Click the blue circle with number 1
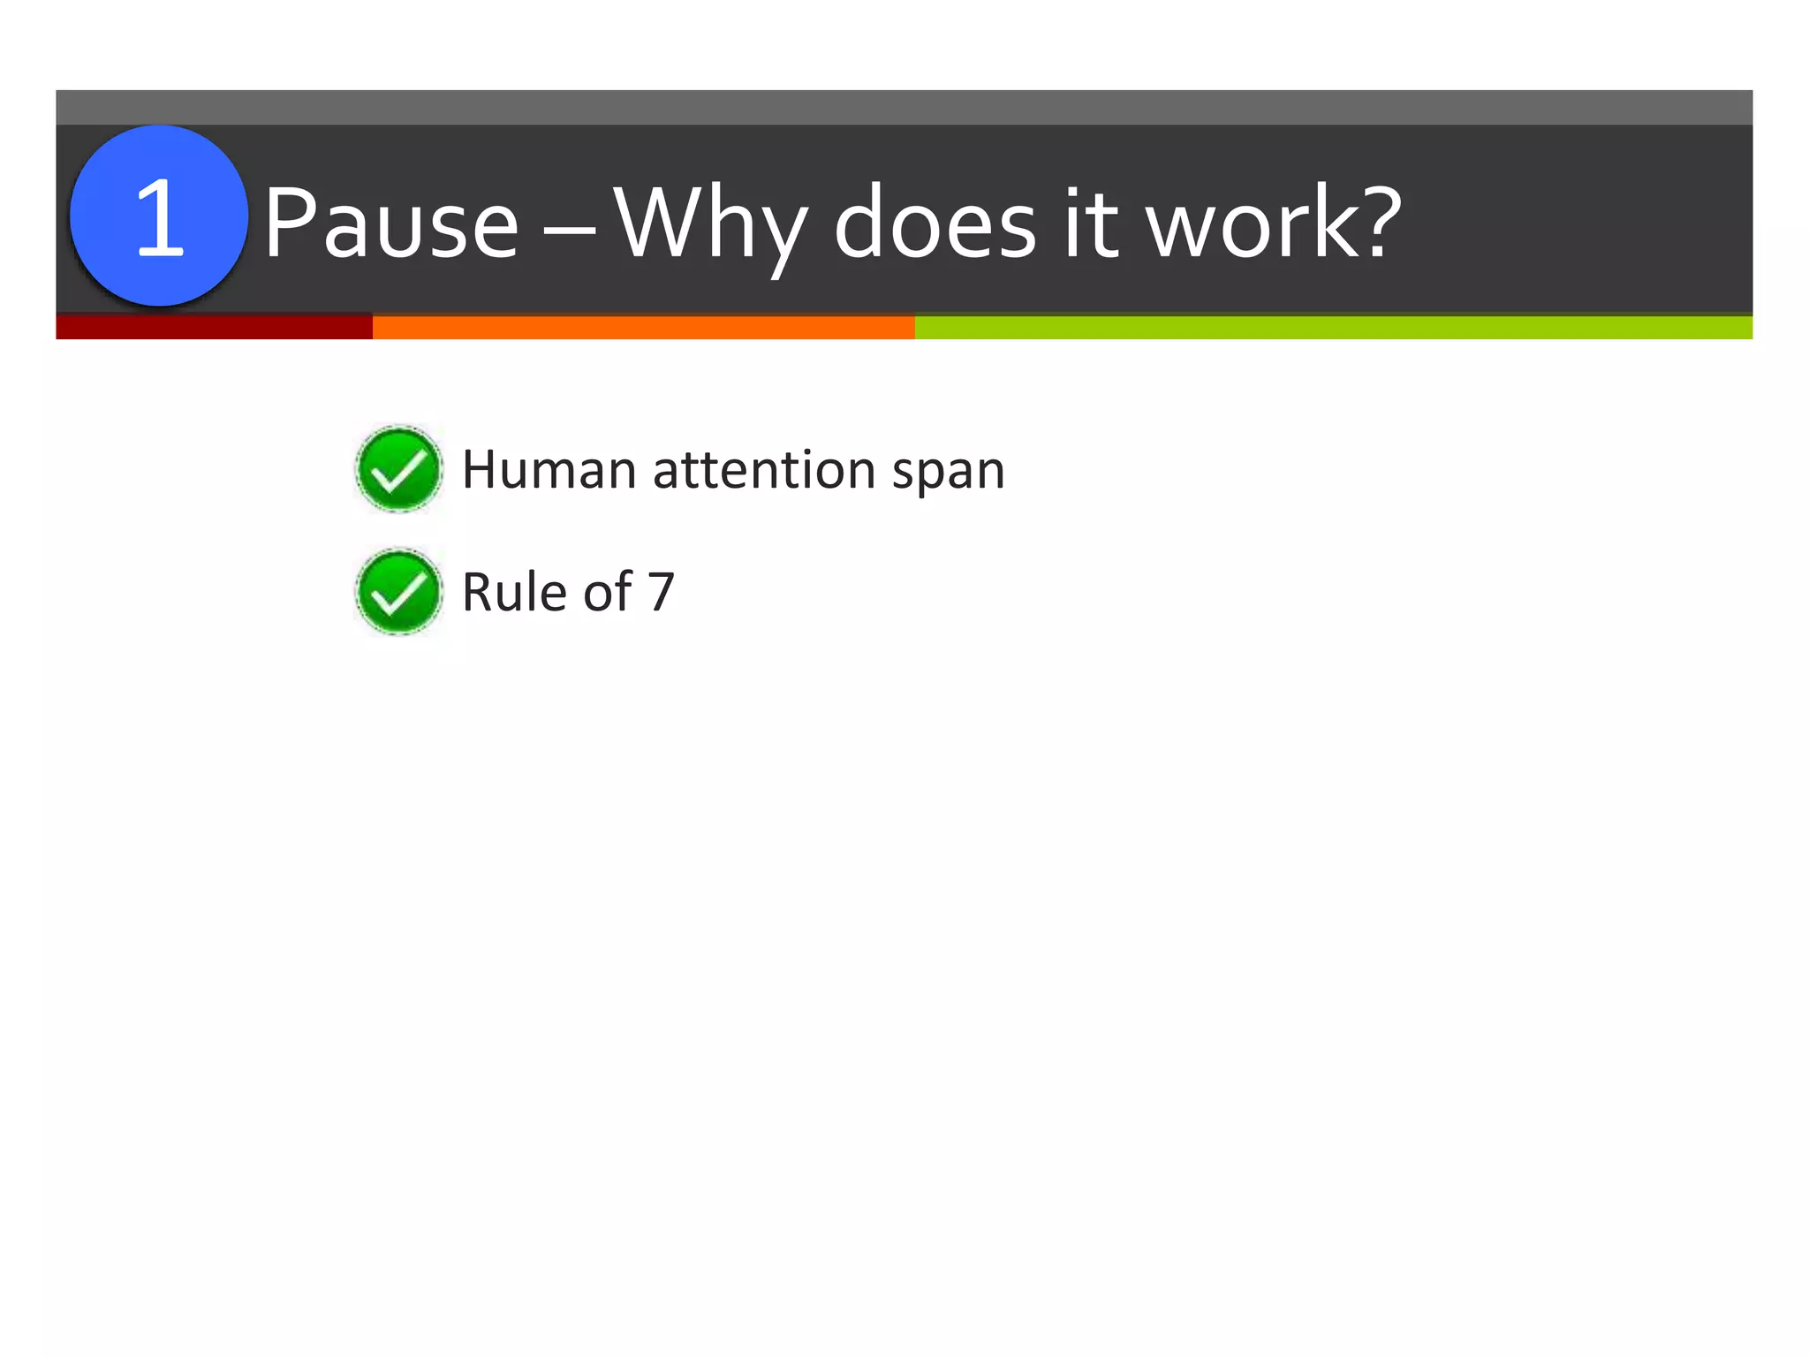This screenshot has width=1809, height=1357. [159, 216]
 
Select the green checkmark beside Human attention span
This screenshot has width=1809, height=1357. [398, 469]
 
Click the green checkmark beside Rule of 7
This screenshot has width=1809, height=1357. [398, 592]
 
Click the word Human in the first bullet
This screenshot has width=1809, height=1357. [549, 469]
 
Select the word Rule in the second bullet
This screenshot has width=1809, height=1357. [515, 592]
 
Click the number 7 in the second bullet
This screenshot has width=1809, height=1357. [662, 592]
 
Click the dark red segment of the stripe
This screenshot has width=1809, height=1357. [214, 327]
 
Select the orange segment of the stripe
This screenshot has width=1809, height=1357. [643, 327]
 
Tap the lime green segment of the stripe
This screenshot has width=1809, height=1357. [1333, 327]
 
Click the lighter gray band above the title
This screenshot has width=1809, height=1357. [904, 107]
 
